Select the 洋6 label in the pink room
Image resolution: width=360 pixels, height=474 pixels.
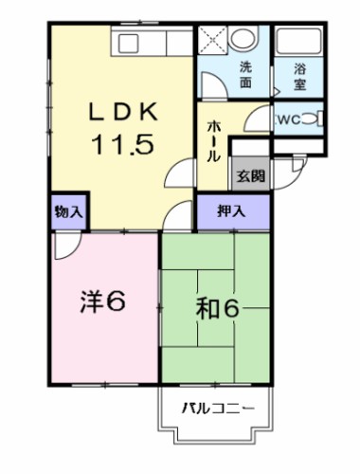101,303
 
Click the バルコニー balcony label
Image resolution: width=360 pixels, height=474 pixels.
217,410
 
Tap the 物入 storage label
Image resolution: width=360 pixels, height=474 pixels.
65,210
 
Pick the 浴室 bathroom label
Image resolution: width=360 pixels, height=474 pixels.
300,75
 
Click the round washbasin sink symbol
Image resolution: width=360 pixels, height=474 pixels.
244,39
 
